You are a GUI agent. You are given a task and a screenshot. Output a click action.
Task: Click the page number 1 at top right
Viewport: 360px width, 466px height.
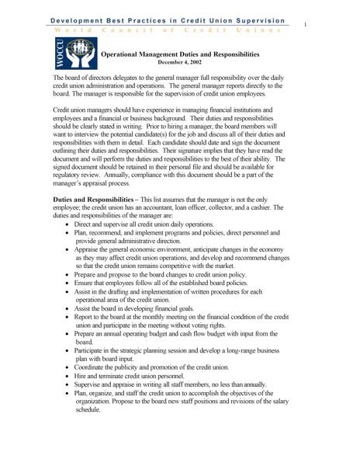coord(306,25)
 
